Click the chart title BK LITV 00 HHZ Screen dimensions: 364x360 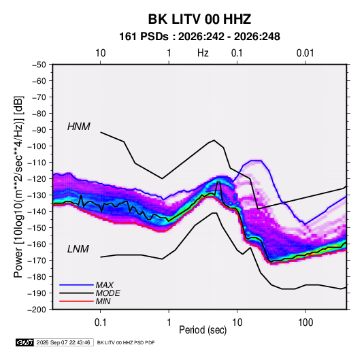(199, 19)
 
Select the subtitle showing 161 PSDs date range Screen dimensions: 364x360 (199, 37)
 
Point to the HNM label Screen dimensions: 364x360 (79, 127)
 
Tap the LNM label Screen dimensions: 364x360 (78, 249)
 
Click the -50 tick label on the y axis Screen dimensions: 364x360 (39, 65)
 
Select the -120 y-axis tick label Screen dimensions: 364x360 (37, 179)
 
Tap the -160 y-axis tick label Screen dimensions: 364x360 (37, 244)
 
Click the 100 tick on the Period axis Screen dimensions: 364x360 (305, 323)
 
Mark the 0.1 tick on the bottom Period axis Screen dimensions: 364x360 (100, 323)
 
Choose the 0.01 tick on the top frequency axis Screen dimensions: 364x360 (305, 53)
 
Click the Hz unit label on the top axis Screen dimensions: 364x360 (203, 53)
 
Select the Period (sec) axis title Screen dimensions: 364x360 (203, 330)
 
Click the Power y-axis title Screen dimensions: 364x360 (18, 187)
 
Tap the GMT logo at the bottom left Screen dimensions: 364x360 (24, 342)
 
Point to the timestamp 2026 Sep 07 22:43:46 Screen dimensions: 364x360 (63, 342)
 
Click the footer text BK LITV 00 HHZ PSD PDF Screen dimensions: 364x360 (126, 342)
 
